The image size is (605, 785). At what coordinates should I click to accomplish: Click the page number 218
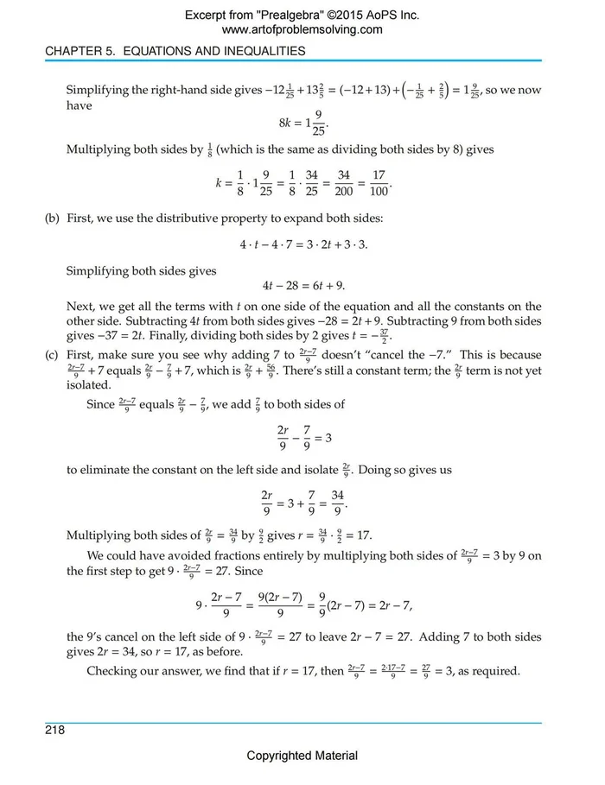54,730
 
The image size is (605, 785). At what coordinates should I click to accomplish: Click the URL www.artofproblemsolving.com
302,29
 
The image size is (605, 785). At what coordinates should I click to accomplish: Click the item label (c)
53,355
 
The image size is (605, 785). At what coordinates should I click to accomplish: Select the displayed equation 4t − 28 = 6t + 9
303,286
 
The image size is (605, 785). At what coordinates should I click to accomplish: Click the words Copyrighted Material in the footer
302,756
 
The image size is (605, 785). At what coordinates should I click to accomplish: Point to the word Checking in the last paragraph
111,671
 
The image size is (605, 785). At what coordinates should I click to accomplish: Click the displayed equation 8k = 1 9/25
303,123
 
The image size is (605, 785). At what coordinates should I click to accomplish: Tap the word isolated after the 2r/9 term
89,386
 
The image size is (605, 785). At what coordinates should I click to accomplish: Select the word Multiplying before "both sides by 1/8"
98,149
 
